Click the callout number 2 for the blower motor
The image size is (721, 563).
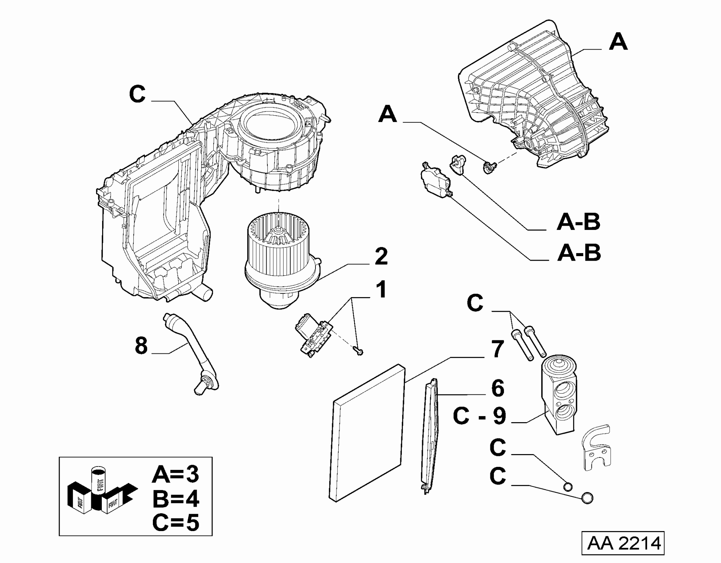[381, 257]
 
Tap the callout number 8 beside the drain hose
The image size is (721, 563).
[141, 346]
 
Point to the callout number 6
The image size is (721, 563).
[497, 388]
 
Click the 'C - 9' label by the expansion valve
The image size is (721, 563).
[480, 417]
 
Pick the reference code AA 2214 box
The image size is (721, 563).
[623, 543]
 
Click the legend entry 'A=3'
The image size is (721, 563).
[175, 474]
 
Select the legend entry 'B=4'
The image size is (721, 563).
[175, 499]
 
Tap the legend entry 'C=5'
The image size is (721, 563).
[175, 522]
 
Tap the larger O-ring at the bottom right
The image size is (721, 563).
[587, 498]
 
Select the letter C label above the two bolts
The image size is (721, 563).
[475, 303]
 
